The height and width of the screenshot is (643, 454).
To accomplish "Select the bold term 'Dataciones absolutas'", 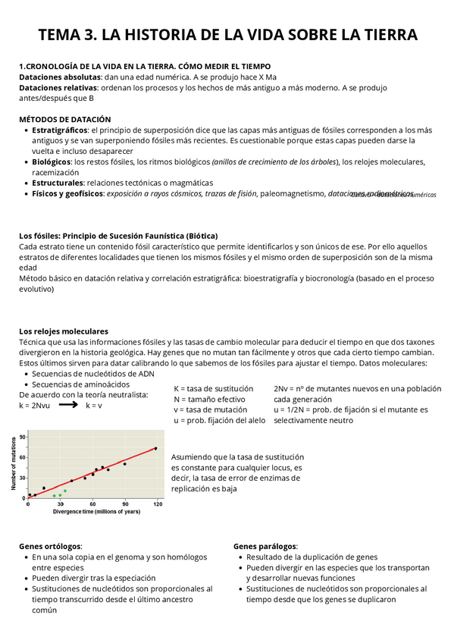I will (x=58, y=77).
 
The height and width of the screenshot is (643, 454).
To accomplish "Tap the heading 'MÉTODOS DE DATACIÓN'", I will (x=64, y=119).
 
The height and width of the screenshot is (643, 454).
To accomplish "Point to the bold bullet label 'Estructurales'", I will (x=58, y=183).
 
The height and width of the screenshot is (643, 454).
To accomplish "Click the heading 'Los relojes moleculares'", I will (x=63, y=331).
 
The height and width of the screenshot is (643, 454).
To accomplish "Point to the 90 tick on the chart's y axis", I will (x=22, y=437).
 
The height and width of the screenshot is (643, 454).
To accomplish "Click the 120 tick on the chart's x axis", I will (x=156, y=503).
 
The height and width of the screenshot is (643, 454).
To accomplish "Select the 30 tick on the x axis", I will (x=60, y=503).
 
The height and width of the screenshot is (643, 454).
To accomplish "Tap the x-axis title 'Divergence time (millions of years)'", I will (x=96, y=512).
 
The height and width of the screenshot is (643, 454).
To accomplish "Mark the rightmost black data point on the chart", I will (x=155, y=448).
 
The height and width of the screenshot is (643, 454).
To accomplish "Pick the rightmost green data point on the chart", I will (x=65, y=491).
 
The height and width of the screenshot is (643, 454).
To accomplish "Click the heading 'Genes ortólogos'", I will (x=50, y=546).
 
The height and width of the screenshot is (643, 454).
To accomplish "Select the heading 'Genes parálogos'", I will (x=265, y=546).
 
